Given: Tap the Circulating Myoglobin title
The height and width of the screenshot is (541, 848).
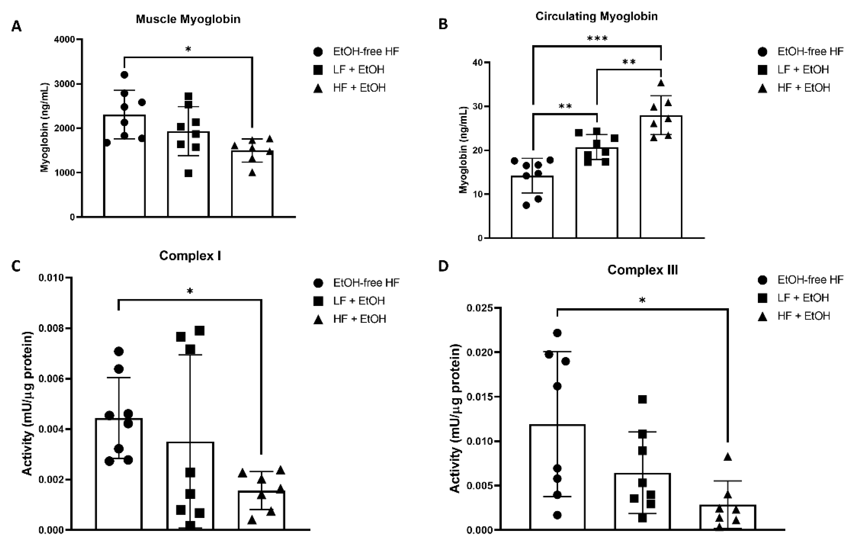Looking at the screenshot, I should pos(596,16).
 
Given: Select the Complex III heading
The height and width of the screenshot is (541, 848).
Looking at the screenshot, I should pos(642,270).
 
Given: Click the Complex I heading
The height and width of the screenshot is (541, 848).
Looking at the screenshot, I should pos(190,256).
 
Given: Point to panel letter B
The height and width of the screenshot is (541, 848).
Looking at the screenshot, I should pos(443,25).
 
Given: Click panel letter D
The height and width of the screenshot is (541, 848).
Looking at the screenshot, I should pos(443,266).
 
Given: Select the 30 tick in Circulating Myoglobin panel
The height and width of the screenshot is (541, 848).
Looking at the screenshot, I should pos(477,106).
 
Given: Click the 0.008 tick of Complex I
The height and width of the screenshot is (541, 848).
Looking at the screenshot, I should pos(51,328).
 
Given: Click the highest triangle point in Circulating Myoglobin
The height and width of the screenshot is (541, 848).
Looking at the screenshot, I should pos(661,83).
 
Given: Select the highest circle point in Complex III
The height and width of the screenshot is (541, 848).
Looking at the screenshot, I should pos(557,333).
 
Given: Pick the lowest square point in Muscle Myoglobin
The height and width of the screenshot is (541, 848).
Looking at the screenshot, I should pos(188,173).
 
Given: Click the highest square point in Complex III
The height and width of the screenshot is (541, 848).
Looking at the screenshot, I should pos(642,399).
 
